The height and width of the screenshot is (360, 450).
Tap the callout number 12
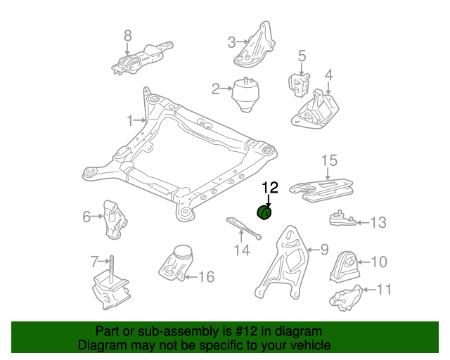(271, 187)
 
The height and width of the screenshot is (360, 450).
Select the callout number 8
(127, 35)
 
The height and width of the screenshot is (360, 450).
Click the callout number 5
(302, 55)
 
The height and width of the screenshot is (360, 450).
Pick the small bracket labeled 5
(298, 84)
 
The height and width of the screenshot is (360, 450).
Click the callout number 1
(130, 121)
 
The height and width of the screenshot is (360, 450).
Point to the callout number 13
(378, 223)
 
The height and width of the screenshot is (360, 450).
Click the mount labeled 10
(345, 266)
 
